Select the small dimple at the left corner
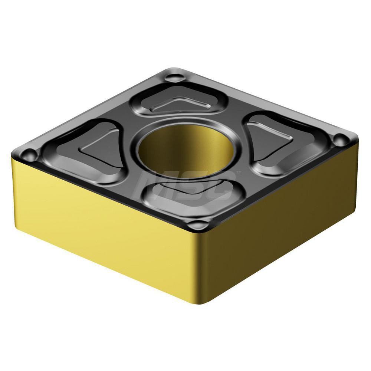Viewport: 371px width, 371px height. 29,153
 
